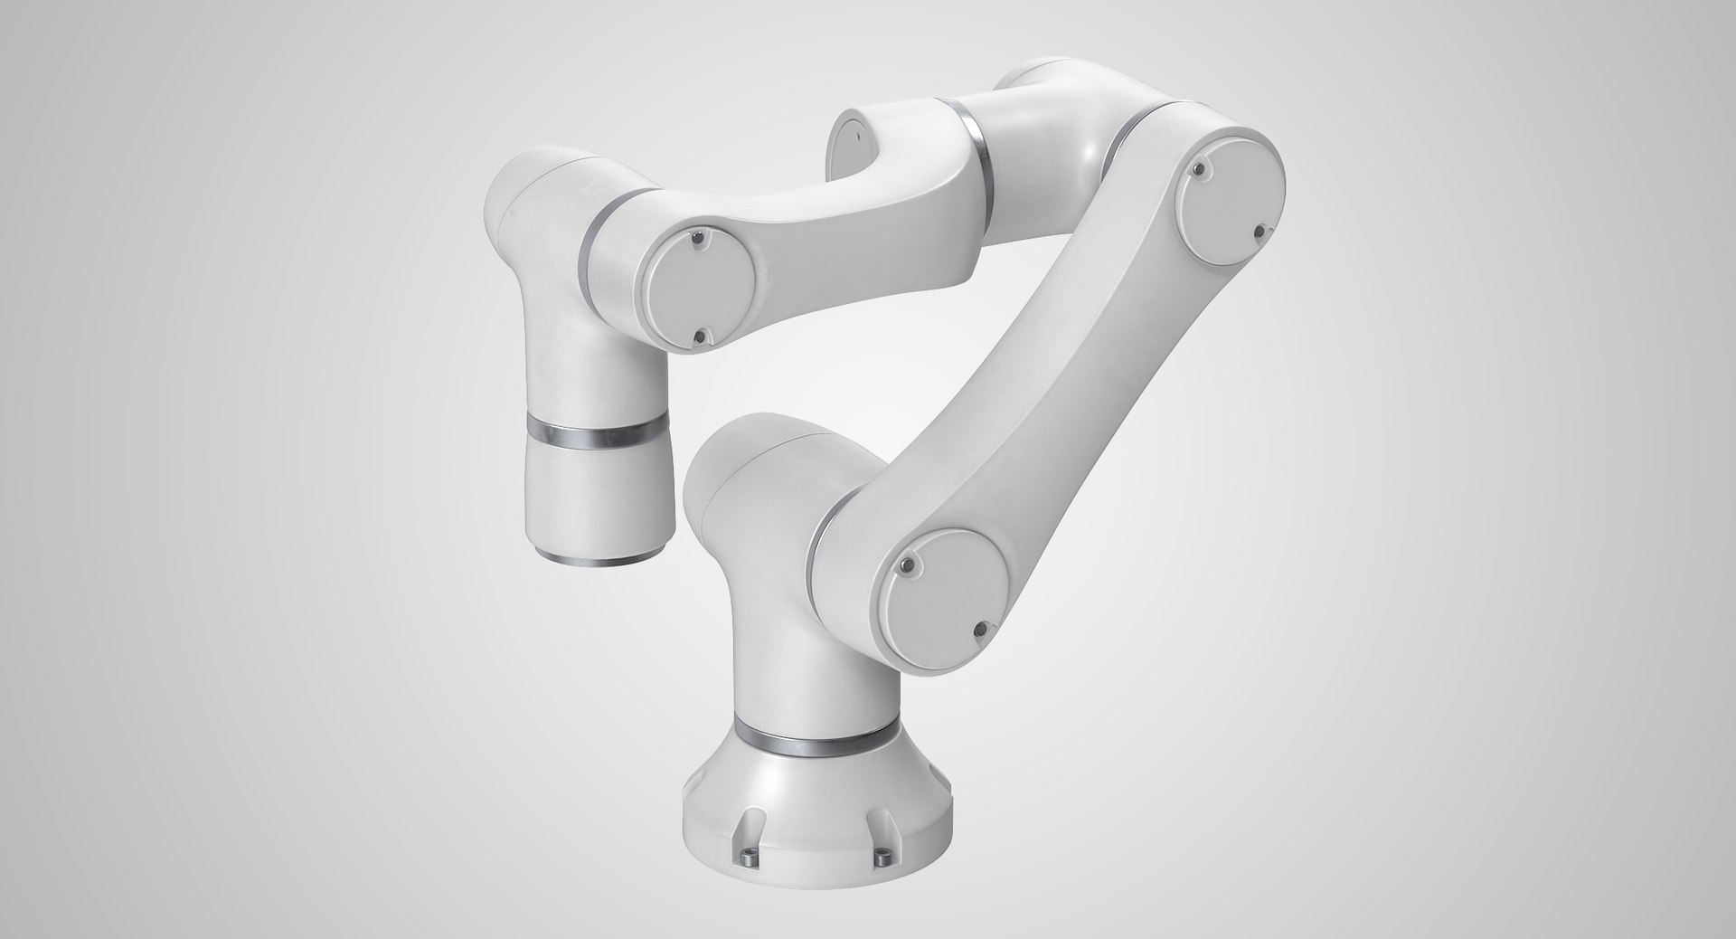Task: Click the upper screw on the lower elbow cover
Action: [908, 567]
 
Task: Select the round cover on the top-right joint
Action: [1232, 194]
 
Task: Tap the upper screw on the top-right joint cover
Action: [1198, 168]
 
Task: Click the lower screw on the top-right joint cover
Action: [1260, 232]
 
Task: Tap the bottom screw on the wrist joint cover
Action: [697, 337]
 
